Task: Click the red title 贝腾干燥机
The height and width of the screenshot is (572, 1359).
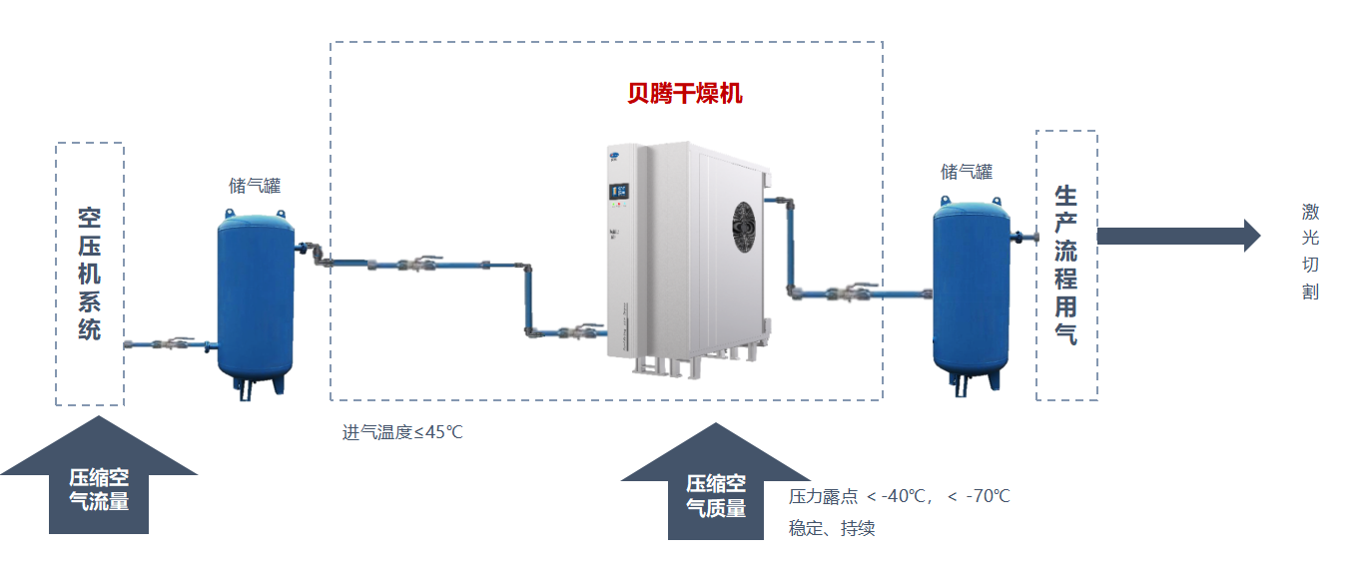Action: pos(685,95)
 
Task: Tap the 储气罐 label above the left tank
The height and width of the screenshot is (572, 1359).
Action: pos(255,186)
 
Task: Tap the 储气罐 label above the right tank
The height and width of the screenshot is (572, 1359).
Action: pos(967,172)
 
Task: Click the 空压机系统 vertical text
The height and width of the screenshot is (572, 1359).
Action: pos(90,274)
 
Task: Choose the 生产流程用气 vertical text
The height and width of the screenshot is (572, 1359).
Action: pos(1066,265)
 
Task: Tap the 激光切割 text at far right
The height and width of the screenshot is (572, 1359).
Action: pos(1310,252)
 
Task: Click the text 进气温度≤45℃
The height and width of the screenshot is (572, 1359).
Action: pos(402,432)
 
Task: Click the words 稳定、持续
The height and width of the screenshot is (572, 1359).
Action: pos(832,529)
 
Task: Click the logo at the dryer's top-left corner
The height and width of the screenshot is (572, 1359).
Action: pos(614,155)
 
